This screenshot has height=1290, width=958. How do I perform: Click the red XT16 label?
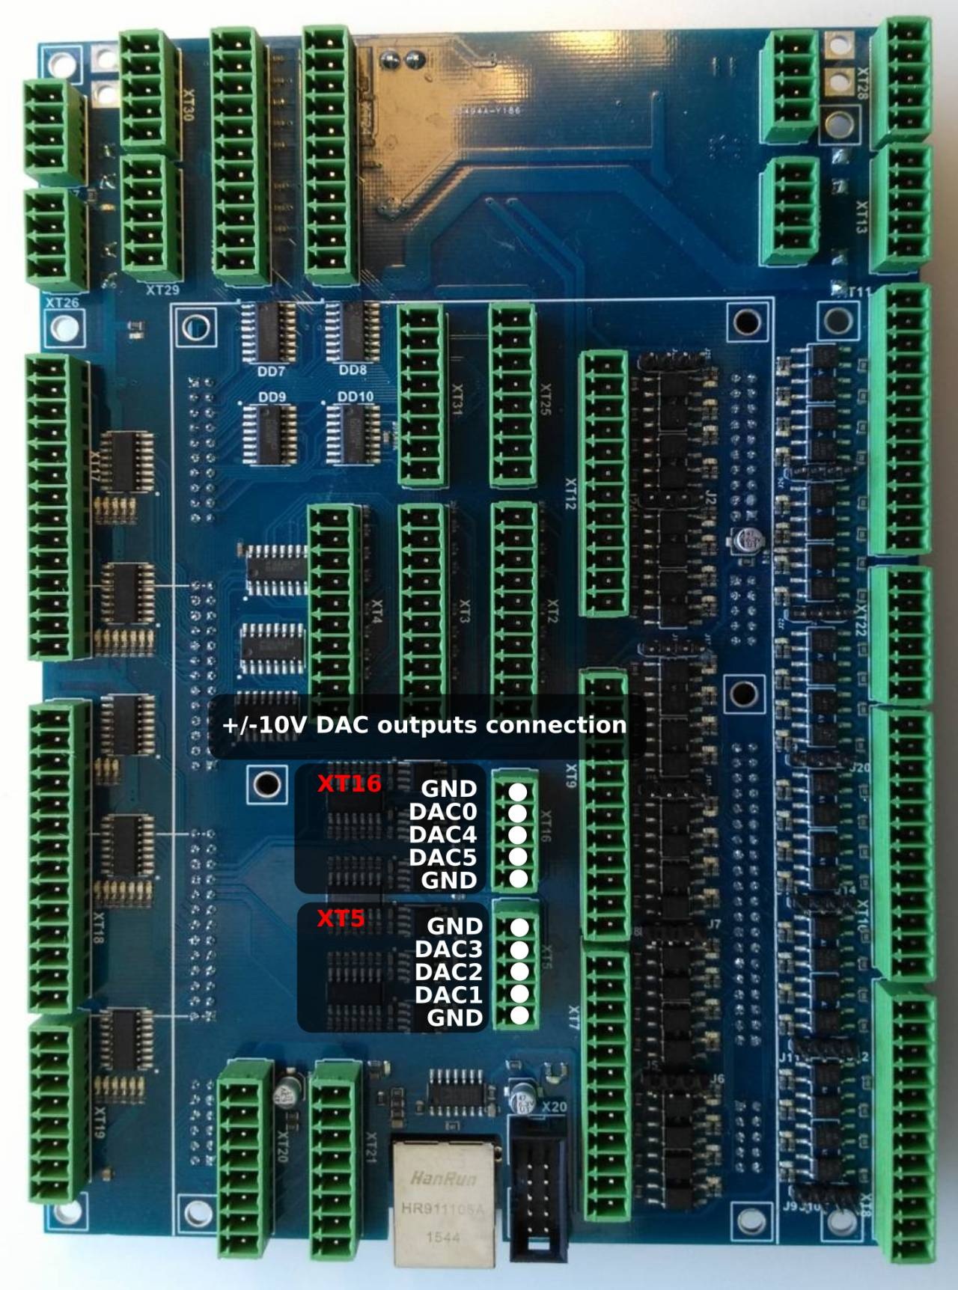[349, 783]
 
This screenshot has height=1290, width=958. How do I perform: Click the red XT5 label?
[341, 918]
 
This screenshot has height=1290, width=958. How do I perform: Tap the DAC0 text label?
[442, 812]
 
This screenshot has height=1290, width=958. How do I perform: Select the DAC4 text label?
[442, 834]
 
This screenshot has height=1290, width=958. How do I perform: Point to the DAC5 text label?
[442, 857]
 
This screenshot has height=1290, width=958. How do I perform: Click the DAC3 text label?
[448, 949]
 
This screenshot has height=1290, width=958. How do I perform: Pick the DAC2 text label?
[448, 972]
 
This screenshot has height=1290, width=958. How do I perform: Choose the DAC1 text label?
[448, 994]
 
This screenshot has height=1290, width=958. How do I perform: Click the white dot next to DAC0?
[518, 813]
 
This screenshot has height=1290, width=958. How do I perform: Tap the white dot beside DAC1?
[519, 994]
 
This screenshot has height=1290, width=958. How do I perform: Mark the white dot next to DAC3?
[519, 949]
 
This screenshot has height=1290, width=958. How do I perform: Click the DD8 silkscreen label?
[353, 370]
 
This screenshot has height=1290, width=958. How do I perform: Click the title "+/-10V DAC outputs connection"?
[424, 724]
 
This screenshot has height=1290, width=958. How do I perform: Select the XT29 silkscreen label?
[162, 290]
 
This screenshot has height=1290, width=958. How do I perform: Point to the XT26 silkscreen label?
[62, 303]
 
